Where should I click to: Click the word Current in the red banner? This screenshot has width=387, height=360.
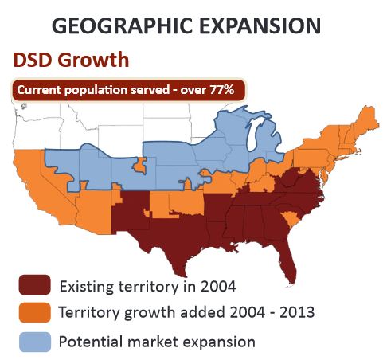tap(41, 91)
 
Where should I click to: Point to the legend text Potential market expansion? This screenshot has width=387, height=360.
tap(157, 342)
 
